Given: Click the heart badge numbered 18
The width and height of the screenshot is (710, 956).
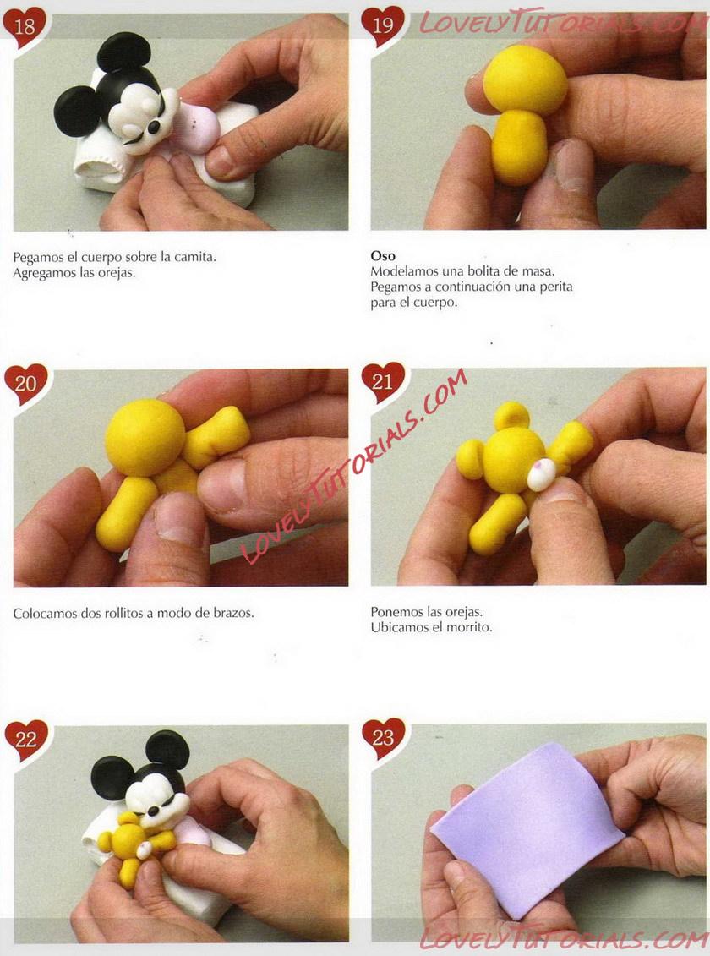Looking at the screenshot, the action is tap(25, 27).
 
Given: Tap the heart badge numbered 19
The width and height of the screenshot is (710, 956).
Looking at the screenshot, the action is tap(383, 26).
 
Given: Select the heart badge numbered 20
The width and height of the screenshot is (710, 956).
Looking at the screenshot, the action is tap(25, 384).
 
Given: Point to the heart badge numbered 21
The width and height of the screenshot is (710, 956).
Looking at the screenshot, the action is tap(383, 382).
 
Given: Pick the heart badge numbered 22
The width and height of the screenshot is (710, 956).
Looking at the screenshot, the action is tap(25, 740).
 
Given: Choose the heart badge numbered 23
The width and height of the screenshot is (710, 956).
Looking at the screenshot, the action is tap(383, 738).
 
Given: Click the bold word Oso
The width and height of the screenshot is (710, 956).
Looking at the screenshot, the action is tap(383, 256).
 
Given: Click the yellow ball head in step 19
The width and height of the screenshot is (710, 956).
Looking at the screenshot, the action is tap(526, 79).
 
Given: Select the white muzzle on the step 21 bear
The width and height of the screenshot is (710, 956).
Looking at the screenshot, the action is tap(541, 474).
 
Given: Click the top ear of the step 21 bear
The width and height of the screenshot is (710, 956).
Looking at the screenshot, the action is tap(512, 415).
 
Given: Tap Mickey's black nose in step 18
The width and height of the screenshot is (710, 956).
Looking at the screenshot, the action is tap(154, 127).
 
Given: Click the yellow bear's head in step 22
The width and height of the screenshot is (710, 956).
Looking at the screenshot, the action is tap(129, 840).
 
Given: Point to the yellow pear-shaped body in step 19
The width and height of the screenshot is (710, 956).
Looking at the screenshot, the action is tap(519, 147).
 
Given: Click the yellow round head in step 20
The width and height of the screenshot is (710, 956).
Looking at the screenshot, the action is tap(145, 437).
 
